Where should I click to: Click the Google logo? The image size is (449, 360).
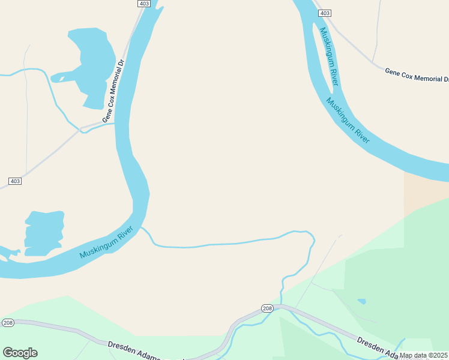(x=20, y=353)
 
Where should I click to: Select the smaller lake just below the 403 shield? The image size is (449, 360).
(x=44, y=232)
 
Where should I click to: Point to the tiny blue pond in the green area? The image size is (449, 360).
(x=361, y=301)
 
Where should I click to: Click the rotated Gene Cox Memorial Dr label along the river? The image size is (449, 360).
(x=113, y=91)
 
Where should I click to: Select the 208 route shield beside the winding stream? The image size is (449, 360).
(x=267, y=308)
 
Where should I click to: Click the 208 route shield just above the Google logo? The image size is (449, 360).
(x=8, y=322)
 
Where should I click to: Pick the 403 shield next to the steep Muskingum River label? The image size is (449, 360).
(x=324, y=13)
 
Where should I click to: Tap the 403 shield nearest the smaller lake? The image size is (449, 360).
(x=15, y=181)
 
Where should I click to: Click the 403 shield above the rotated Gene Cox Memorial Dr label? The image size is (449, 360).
(x=143, y=4)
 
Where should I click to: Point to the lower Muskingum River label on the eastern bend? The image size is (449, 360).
(x=348, y=121)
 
